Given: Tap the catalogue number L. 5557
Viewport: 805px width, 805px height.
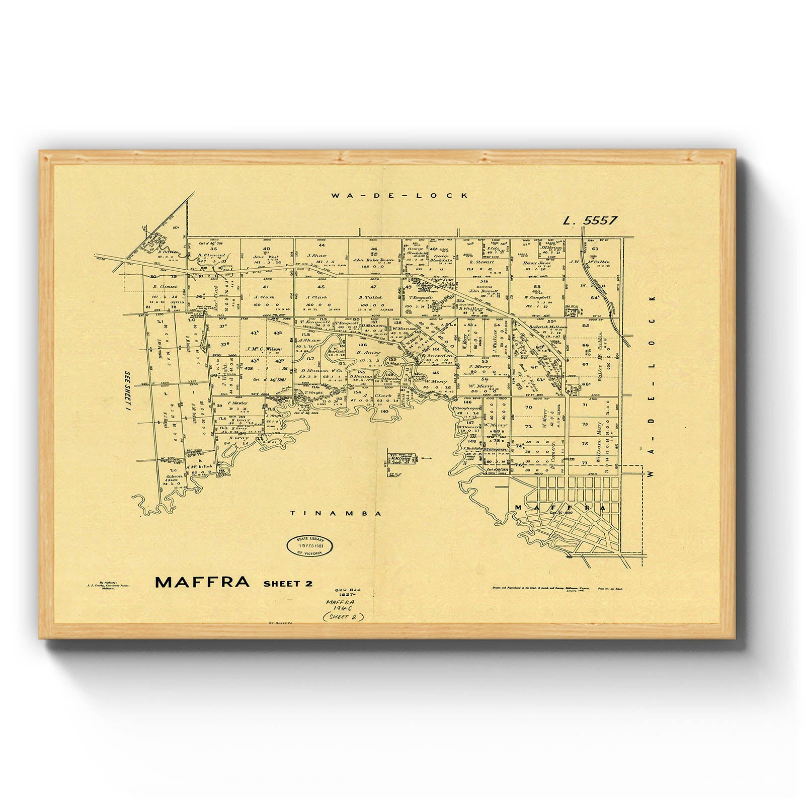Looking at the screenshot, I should [590, 220].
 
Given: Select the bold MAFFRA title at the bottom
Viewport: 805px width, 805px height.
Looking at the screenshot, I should [202, 582].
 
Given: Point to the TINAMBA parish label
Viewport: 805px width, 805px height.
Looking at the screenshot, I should [336, 514].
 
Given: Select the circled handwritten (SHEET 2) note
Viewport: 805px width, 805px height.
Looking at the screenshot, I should [344, 617].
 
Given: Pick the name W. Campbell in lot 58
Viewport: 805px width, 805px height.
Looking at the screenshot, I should [537, 297].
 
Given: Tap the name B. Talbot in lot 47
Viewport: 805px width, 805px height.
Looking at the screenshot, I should [371, 297].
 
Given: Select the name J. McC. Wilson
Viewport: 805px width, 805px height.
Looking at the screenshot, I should [264, 349].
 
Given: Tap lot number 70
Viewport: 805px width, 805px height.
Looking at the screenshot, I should [528, 407].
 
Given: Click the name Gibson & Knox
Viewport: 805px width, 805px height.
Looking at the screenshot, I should [172, 478].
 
